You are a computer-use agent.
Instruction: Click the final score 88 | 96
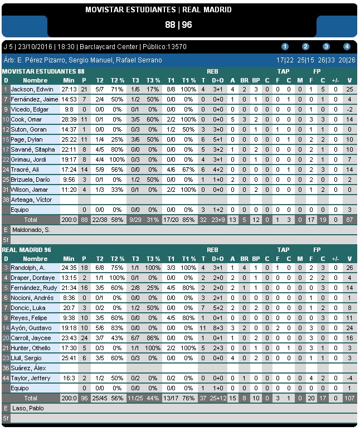(x=178, y=25)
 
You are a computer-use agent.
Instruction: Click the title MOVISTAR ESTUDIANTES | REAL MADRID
(x=158, y=9)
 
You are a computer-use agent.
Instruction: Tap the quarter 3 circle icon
(x=326, y=47)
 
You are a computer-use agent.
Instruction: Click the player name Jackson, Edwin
(x=31, y=89)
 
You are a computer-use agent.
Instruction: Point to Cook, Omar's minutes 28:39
(x=69, y=119)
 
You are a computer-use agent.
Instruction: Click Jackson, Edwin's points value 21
(x=84, y=89)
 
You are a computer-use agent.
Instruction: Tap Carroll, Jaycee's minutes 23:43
(x=69, y=338)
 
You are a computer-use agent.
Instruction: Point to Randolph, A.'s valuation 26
(x=349, y=268)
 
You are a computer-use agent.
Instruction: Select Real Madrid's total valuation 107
(x=349, y=398)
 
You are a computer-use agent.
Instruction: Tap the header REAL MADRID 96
(x=27, y=250)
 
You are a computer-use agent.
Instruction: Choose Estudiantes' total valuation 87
(x=349, y=220)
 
